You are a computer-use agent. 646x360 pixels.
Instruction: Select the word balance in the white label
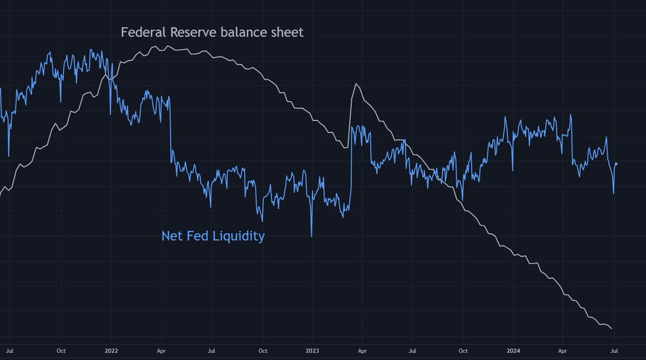tap(241, 32)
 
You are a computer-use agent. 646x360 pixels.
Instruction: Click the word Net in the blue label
tap(171, 236)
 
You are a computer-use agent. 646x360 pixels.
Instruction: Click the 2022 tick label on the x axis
tap(111, 350)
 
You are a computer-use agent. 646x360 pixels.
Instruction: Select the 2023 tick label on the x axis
tap(312, 350)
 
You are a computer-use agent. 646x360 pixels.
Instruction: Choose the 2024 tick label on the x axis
tap(513, 350)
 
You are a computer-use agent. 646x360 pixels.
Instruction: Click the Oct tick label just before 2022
tap(61, 350)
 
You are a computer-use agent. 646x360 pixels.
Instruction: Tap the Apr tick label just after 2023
tap(362, 350)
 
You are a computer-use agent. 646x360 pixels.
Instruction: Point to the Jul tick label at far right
tap(614, 350)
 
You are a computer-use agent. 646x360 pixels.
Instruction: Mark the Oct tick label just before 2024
tap(463, 350)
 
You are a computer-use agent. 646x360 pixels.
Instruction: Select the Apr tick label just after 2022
tap(161, 350)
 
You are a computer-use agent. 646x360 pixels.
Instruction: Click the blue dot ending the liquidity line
tap(616, 163)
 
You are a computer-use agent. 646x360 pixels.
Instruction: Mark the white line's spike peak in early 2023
tap(355, 84)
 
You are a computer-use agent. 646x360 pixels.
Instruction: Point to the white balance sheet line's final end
tap(612, 328)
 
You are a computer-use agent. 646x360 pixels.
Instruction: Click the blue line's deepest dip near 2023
tap(311, 236)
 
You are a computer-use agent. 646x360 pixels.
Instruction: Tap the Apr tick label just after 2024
tap(563, 350)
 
